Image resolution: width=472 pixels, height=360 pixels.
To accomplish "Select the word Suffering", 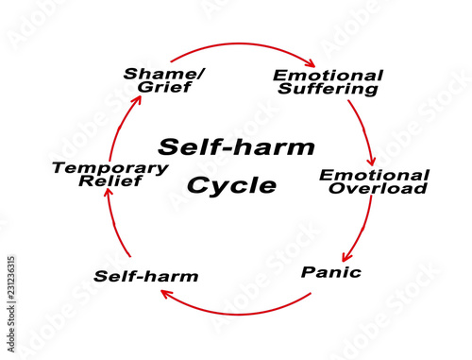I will point(328,90).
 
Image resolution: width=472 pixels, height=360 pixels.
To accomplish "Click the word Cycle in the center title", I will point(231,185).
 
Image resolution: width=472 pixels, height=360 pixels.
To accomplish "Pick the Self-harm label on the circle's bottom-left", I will point(146,277).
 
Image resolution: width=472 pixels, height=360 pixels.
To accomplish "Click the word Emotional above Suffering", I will point(328,75).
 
